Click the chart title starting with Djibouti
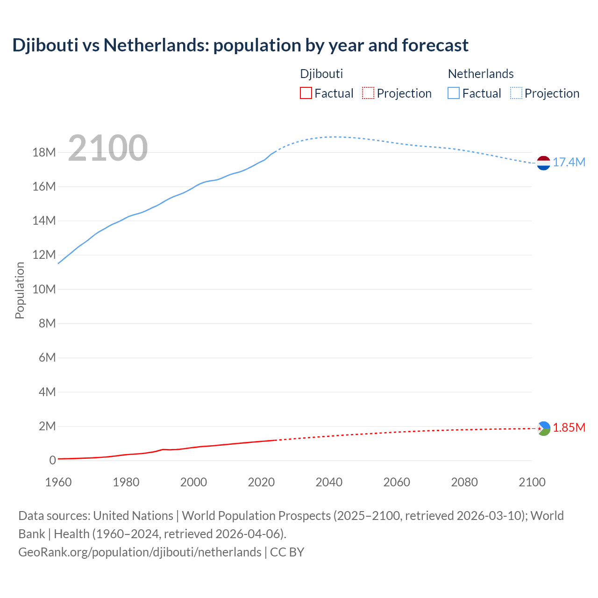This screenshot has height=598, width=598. tap(240, 45)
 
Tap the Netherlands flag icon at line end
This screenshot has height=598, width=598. tap(543, 163)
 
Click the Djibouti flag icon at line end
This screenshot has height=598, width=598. tap(543, 428)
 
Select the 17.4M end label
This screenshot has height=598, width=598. tap(569, 163)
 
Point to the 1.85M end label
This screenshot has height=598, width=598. tap(569, 428)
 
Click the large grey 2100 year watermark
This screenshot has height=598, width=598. tap(108, 149)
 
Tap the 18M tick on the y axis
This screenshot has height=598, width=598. tap(44, 153)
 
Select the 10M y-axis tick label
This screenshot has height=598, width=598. tap(44, 289)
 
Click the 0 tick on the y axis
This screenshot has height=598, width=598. tap(52, 460)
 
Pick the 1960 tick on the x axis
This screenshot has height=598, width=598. tap(58, 482)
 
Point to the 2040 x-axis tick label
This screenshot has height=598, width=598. tap(329, 482)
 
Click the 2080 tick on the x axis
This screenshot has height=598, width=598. tap(464, 482)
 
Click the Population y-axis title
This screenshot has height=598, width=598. tap(20, 290)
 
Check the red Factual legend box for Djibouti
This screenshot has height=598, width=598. tap(306, 93)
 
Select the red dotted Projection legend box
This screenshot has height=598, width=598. tap(368, 93)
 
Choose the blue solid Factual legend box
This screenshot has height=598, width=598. tap(454, 93)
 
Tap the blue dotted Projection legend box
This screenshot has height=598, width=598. tap(516, 93)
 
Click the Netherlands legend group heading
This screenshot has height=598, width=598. tap(481, 74)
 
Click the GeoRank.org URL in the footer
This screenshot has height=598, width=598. tap(140, 552)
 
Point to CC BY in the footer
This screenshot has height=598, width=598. tap(287, 552)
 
